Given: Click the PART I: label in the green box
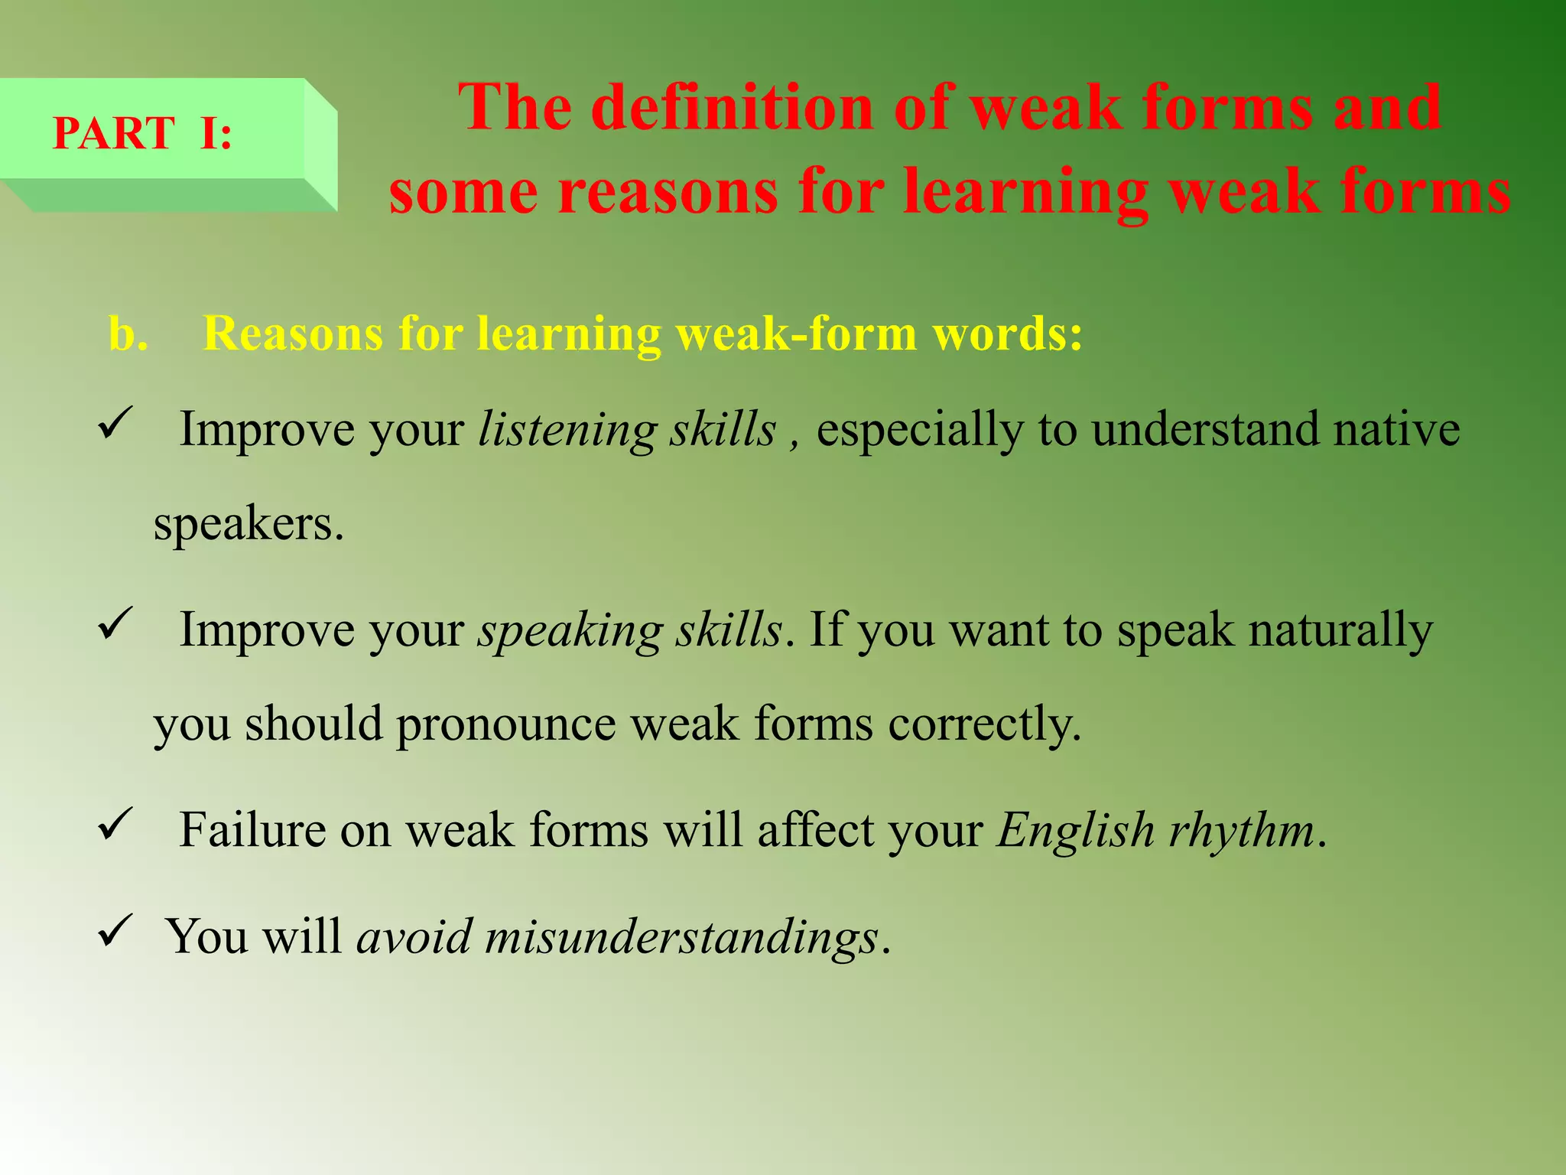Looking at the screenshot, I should pyautogui.click(x=142, y=133).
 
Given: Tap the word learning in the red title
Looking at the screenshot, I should pyautogui.click(x=1025, y=191).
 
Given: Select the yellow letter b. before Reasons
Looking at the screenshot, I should pyautogui.click(x=128, y=334).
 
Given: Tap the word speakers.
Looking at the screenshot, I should pyautogui.click(x=249, y=524).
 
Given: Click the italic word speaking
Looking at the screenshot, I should pyautogui.click(x=570, y=631).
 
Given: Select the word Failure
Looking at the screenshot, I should pyautogui.click(x=252, y=830).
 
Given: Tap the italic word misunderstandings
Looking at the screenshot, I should pyautogui.click(x=681, y=936).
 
